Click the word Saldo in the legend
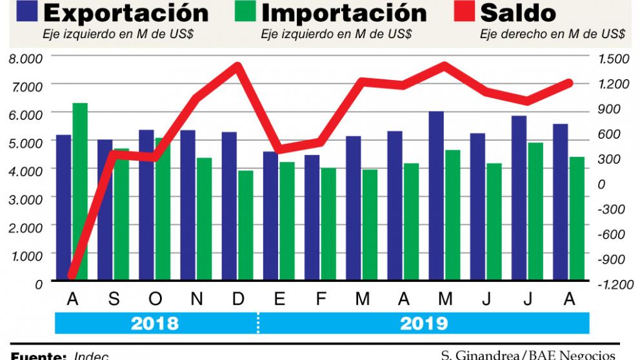[518, 13]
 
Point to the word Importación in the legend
[344, 13]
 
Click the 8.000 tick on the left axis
[25, 58]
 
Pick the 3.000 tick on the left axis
[25, 198]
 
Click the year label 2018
[154, 323]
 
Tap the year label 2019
[424, 323]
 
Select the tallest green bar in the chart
[80, 191]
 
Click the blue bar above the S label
[105, 210]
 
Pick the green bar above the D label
[246, 225]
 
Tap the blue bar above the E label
[270, 215]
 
